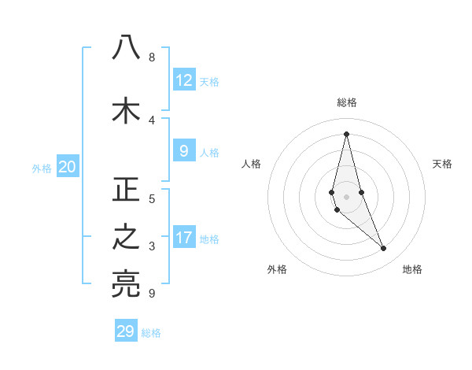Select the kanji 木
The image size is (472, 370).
point(126,110)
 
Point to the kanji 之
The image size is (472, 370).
point(126,239)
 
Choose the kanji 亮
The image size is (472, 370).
point(126,284)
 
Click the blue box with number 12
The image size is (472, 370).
point(184,80)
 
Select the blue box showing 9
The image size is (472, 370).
point(184,151)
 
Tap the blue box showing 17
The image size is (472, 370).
point(184,238)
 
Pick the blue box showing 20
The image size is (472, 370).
point(68,167)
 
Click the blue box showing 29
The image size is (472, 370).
point(126,331)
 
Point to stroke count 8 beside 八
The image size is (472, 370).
point(151,57)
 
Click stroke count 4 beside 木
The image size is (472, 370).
point(151,120)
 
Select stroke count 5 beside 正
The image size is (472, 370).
point(151,198)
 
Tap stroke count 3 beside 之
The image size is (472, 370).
point(151,246)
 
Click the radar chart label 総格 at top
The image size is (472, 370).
point(346,102)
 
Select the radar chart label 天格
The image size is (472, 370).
point(442,164)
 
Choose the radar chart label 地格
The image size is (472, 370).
point(412,269)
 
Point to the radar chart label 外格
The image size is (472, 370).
point(277,269)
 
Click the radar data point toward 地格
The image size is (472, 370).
point(384,249)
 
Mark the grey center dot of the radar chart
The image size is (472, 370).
point(346,197)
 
